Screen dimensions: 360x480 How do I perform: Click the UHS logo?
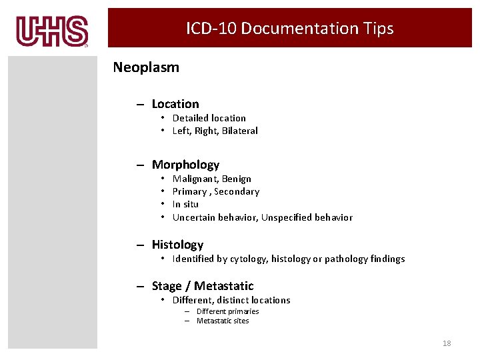click(52, 31)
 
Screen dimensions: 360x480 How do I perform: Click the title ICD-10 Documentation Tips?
click(289, 29)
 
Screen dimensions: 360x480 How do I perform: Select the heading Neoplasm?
click(146, 67)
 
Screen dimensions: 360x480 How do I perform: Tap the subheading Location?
click(175, 104)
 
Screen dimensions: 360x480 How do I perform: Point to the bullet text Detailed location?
click(209, 118)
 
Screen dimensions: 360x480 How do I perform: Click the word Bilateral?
click(240, 131)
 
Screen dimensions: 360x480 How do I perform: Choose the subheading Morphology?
click(185, 165)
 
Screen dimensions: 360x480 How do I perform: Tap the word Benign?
click(237, 179)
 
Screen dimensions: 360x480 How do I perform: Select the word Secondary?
click(237, 191)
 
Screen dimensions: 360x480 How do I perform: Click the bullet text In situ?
click(185, 204)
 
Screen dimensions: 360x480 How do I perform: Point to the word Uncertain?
click(193, 217)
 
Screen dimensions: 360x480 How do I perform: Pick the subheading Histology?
click(177, 245)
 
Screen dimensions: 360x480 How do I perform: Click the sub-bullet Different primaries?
click(227, 311)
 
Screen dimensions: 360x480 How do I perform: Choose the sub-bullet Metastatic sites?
click(223, 321)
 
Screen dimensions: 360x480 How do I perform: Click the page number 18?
click(447, 343)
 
